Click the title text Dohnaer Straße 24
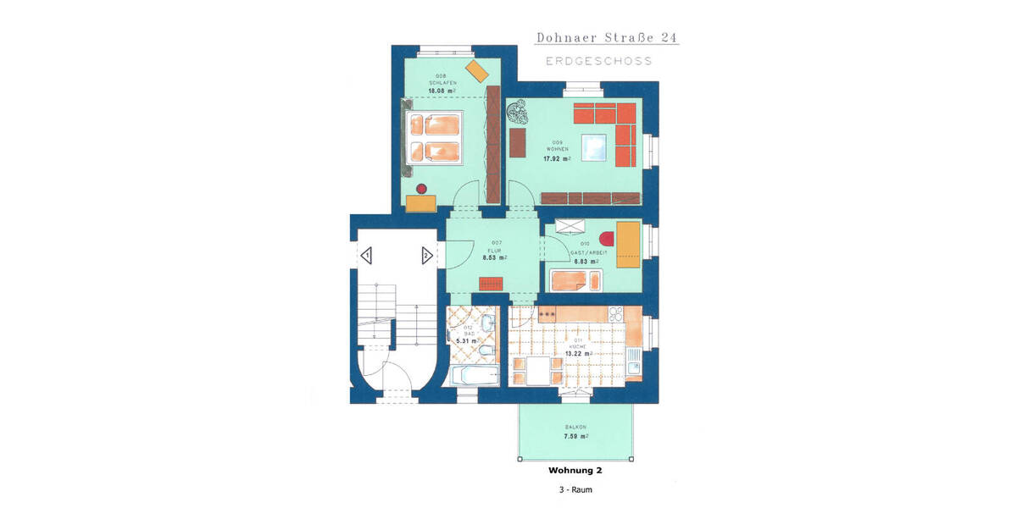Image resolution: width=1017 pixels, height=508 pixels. pos(607,38)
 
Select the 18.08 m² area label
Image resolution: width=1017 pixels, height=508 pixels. pos(442,89)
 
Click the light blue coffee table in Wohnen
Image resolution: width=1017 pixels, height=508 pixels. pos(596,149)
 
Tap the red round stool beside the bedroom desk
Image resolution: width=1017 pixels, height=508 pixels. pos(422,187)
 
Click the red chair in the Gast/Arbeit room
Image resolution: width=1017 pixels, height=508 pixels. pos(605,236)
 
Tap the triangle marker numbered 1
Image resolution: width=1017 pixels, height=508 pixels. pos(367,254)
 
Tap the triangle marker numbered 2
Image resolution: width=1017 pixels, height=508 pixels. pos(426,254)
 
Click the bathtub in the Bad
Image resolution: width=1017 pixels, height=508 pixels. pos(475,377)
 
